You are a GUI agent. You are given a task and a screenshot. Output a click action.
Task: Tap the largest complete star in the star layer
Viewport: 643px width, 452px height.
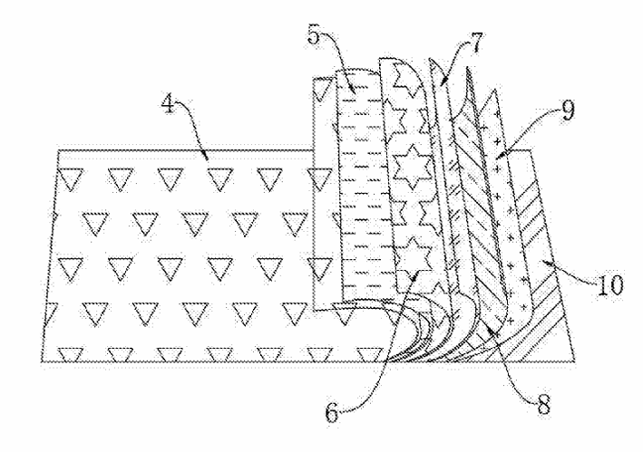pos(411,165)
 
